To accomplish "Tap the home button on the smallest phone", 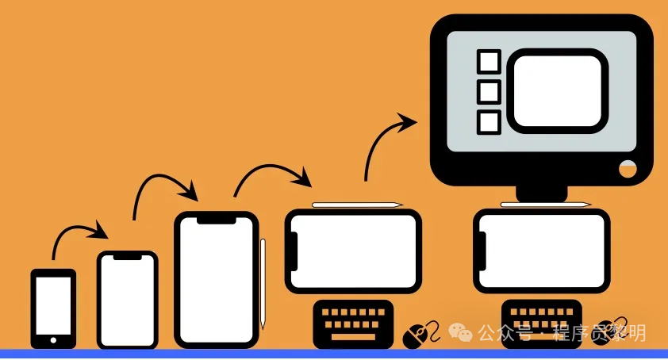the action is [53, 340].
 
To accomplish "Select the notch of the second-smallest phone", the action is [128, 256].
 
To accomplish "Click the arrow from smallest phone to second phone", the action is [79, 234].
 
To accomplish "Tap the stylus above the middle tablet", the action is [357, 205].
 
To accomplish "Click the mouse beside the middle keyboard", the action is [417, 335].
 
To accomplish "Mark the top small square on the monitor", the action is [489, 62].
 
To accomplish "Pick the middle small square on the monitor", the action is [489, 92].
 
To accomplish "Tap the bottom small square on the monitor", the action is [489, 122].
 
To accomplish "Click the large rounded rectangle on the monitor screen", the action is [557, 90].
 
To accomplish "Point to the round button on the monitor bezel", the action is [628, 168].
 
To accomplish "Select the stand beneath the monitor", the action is [542, 192].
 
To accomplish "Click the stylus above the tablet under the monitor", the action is [546, 205].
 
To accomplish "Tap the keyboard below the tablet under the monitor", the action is [541, 321].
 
